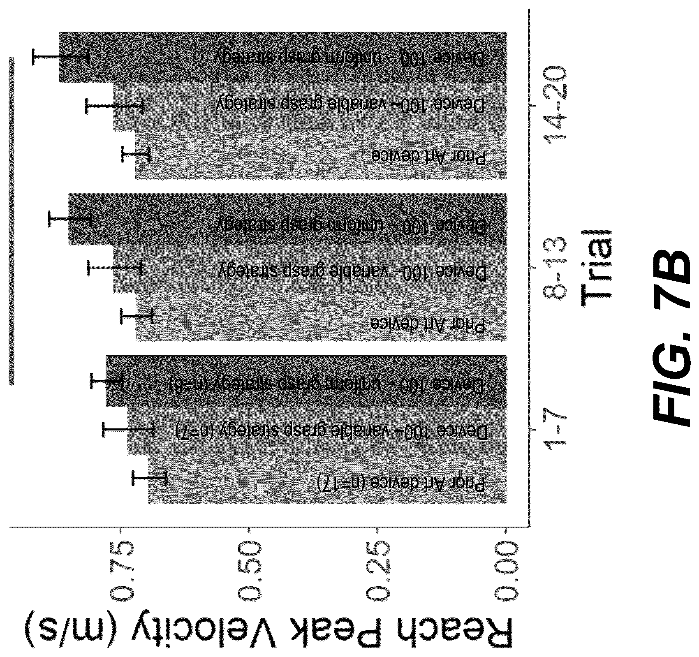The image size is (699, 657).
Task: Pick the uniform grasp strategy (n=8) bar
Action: pyautogui.click(x=306, y=381)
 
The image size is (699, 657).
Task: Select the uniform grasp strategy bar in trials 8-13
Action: pyautogui.click(x=287, y=220)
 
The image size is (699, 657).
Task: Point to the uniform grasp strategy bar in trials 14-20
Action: pyautogui.click(x=283, y=57)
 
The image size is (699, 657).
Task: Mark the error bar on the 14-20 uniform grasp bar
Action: pyautogui.click(x=61, y=56)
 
